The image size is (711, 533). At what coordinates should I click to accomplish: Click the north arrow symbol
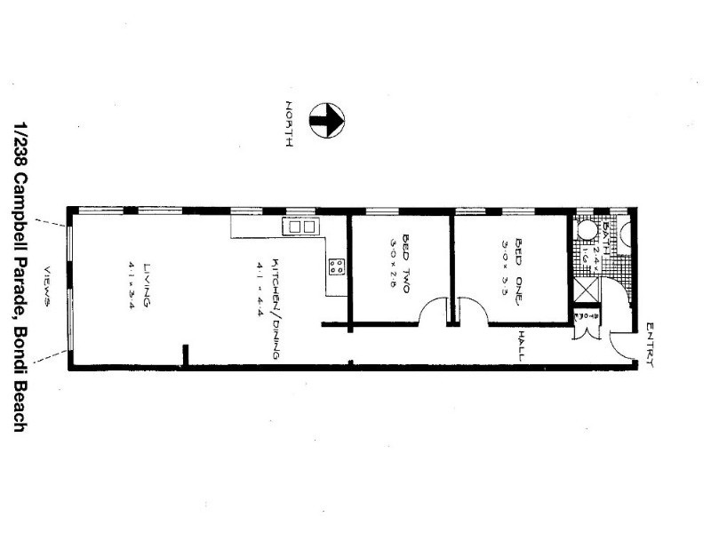pos(326,121)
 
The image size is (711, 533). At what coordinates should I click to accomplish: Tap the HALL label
pos(522,345)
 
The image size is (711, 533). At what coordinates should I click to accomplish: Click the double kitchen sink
pos(300,227)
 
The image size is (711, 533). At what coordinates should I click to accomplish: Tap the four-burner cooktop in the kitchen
pos(337,266)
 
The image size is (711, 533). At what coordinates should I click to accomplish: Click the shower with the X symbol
pos(587,290)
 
